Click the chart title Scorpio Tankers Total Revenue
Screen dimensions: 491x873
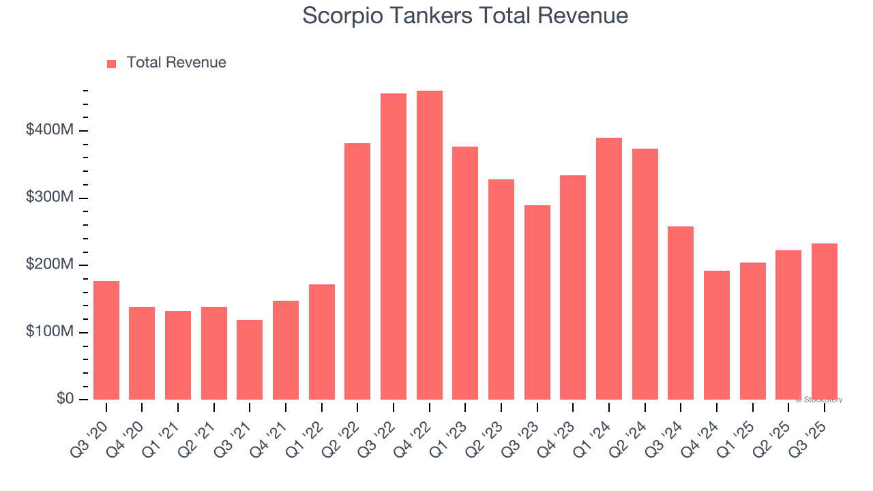click(x=465, y=16)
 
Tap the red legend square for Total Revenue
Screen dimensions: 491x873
click(x=112, y=63)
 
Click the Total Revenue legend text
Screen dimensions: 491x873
click(x=176, y=63)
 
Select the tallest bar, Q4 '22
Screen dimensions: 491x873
click(x=429, y=245)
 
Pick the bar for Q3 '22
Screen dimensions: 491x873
click(x=394, y=247)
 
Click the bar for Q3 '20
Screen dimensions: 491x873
click(x=106, y=340)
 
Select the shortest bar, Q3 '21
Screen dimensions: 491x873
click(x=250, y=359)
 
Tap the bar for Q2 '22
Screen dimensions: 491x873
click(x=357, y=271)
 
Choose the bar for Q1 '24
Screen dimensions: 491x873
click(x=608, y=269)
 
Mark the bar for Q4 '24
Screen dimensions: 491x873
click(x=716, y=335)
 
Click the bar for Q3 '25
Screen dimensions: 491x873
click(x=824, y=321)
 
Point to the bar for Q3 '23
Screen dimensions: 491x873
click(x=537, y=302)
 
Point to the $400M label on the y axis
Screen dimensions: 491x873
click(x=49, y=130)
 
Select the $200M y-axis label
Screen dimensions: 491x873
click(x=49, y=265)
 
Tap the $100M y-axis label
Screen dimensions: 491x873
click(x=49, y=332)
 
